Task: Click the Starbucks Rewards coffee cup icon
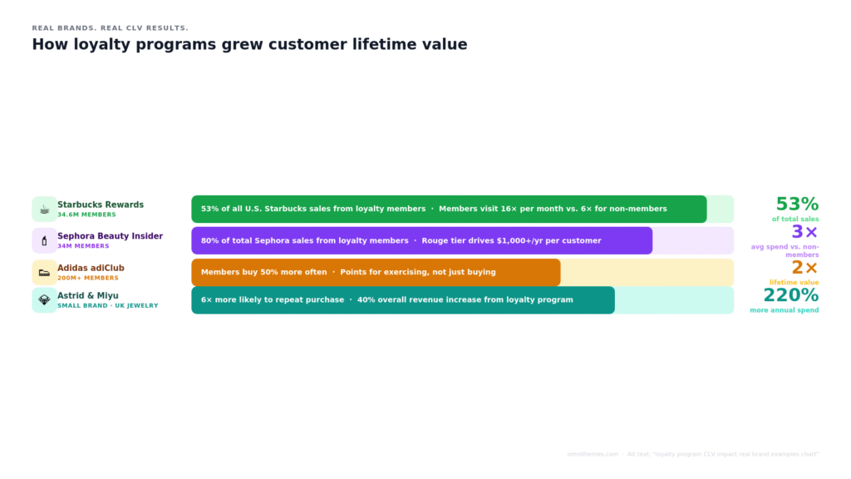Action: (x=44, y=209)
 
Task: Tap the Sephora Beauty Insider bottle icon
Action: (x=44, y=240)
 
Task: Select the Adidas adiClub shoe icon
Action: (x=44, y=273)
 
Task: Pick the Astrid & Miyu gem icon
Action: (x=44, y=300)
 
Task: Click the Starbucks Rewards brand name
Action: (x=101, y=205)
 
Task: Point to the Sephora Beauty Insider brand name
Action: (x=110, y=236)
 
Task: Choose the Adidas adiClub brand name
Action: (x=91, y=268)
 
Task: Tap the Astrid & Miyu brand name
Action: (x=88, y=295)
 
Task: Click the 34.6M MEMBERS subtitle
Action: (x=86, y=215)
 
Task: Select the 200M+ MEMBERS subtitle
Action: (x=88, y=278)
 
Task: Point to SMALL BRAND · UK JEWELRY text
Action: (x=107, y=305)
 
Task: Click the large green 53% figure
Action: (x=797, y=204)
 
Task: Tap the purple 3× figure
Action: (x=804, y=233)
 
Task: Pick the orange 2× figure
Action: (x=804, y=268)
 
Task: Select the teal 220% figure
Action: (x=791, y=295)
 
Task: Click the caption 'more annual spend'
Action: (x=784, y=310)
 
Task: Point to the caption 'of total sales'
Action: (x=794, y=219)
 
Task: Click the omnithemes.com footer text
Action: (x=593, y=454)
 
